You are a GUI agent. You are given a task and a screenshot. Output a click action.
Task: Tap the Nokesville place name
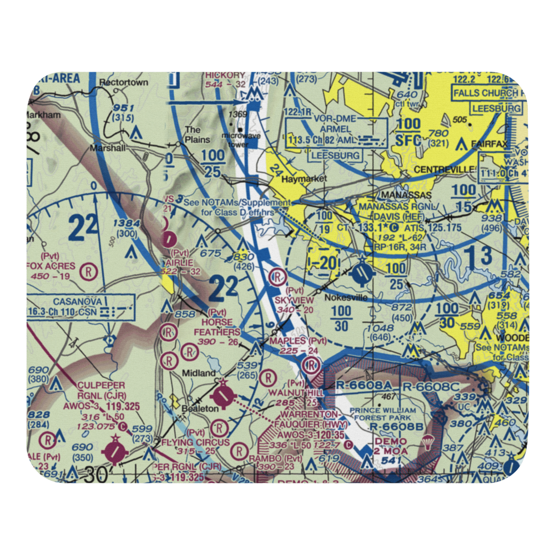point(346,297)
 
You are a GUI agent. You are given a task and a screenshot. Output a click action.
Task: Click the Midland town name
point(199,374)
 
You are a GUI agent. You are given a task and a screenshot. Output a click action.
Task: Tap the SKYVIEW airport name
point(294,300)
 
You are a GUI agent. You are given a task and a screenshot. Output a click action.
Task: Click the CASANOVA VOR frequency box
point(80,306)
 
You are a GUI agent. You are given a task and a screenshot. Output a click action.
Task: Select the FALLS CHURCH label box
point(486,93)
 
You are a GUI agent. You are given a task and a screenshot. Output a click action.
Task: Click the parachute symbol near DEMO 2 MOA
point(428,442)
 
